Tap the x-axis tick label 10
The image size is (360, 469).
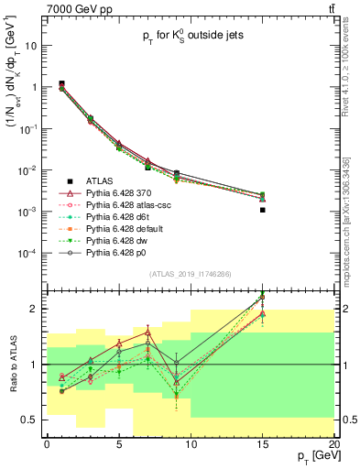[x=191, y=444]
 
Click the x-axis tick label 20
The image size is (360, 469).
[x=334, y=444]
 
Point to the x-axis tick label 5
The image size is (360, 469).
[x=118, y=444]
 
